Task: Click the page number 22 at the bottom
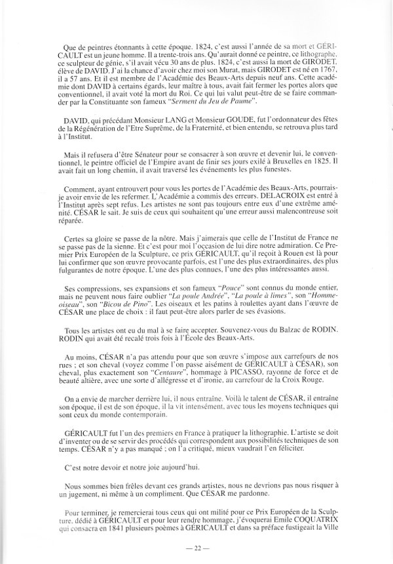(x=196, y=549)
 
